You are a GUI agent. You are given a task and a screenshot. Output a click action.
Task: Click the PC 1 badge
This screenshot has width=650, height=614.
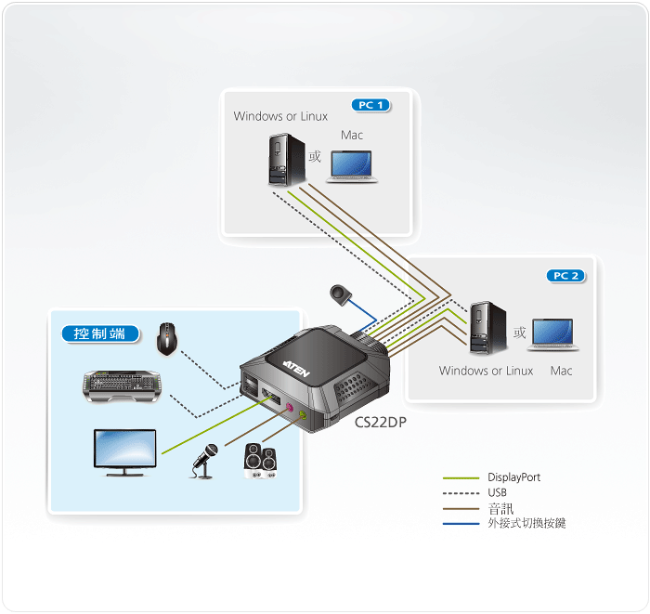(371, 105)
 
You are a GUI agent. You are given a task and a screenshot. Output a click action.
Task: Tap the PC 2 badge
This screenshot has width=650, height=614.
(565, 276)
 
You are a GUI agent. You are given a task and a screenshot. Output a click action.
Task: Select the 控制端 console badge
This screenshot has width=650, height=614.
(100, 333)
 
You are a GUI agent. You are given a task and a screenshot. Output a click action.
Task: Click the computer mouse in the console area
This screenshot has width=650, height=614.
(166, 339)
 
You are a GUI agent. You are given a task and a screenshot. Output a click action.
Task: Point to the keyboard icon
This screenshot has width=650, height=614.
(122, 386)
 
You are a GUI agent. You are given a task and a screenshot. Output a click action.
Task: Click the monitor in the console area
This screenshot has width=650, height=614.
(124, 452)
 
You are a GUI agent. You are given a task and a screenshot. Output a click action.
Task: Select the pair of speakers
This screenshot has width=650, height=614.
(260, 461)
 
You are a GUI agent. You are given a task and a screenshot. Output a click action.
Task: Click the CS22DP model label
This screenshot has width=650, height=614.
(381, 422)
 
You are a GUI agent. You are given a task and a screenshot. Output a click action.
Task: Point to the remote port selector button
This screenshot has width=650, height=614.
(341, 294)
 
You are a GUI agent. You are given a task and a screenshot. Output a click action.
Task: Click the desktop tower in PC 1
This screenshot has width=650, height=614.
(286, 159)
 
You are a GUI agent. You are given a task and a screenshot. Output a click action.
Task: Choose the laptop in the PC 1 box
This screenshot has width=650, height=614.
(352, 166)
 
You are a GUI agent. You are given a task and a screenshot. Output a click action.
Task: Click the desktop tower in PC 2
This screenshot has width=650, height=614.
(487, 328)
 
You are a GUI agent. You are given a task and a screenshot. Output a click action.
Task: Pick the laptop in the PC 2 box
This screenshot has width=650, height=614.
(553, 334)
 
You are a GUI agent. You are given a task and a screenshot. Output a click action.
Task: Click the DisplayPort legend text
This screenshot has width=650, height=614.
(514, 477)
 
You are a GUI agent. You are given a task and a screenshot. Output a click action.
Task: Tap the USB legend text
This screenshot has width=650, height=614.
(497, 492)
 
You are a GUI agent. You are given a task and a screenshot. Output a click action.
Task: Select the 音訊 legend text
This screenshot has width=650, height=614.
(500, 508)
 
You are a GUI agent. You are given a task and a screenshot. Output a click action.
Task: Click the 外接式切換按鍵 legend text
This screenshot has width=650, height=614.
(526, 523)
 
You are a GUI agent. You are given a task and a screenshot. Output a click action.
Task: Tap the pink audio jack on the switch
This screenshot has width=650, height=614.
(290, 408)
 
